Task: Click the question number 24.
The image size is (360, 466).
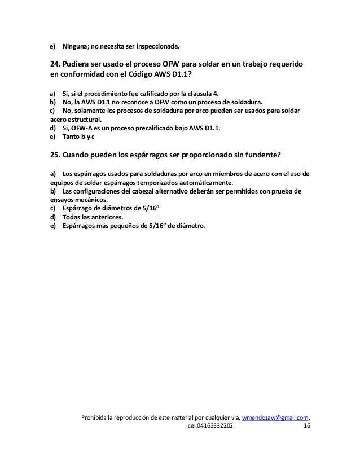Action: tap(55, 65)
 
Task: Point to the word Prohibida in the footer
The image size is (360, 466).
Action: tap(95, 417)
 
